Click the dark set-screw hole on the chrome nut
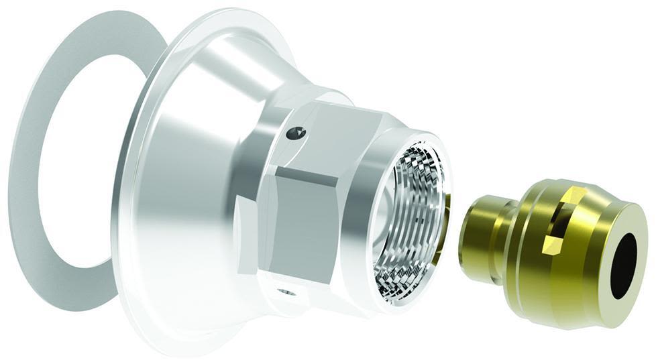tap(294, 133)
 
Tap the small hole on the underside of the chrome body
tap(284, 292)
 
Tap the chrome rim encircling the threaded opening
tap(376, 221)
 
